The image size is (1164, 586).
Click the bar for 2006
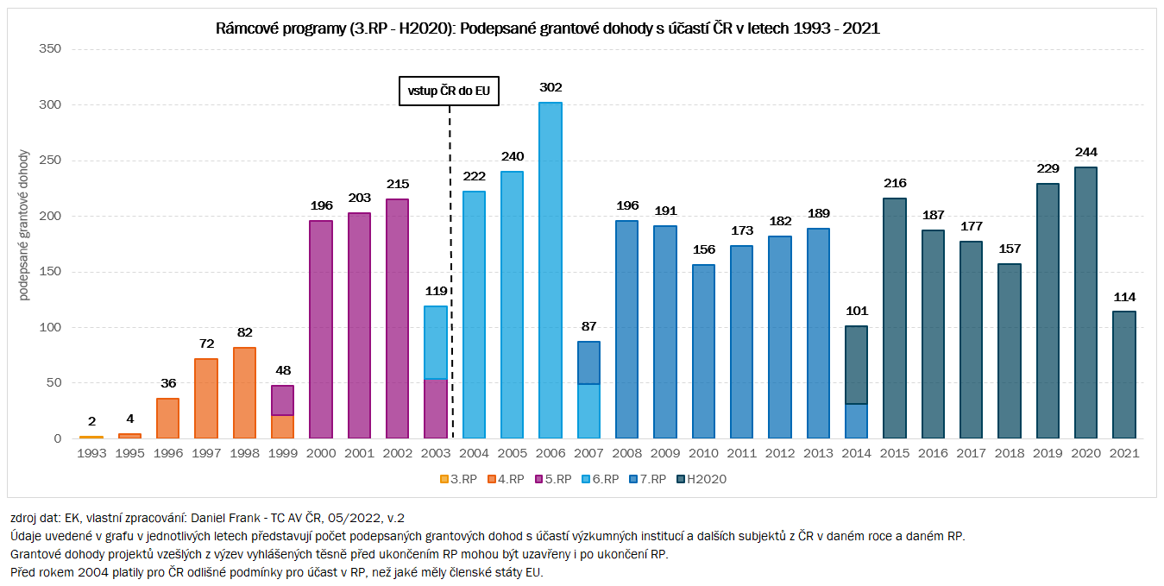(x=550, y=270)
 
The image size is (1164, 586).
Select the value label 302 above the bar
(x=550, y=87)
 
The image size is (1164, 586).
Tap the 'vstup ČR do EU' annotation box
(x=449, y=90)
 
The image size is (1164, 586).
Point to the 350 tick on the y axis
(x=50, y=49)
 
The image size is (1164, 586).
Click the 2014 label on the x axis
(x=855, y=452)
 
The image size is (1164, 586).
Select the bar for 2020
(x=1085, y=303)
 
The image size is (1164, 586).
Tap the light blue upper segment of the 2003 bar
(x=436, y=342)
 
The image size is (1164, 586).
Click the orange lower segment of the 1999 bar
(x=283, y=426)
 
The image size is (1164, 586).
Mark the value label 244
(x=1085, y=153)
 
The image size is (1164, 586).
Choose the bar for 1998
(x=244, y=393)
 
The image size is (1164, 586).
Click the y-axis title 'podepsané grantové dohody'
(x=24, y=225)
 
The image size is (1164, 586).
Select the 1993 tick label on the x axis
(x=91, y=452)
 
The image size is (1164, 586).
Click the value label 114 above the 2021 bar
(x=1123, y=297)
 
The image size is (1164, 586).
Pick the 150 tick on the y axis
(x=50, y=272)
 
